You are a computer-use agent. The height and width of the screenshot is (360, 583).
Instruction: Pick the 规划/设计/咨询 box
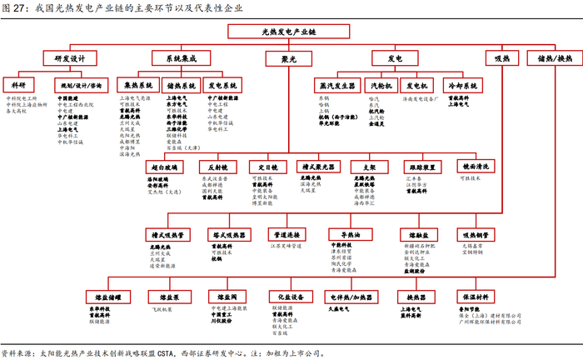pos(82,85)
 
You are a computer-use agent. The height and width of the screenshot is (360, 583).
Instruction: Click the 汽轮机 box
pos(381,85)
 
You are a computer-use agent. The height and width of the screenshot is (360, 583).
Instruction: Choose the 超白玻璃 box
pos(161,167)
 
